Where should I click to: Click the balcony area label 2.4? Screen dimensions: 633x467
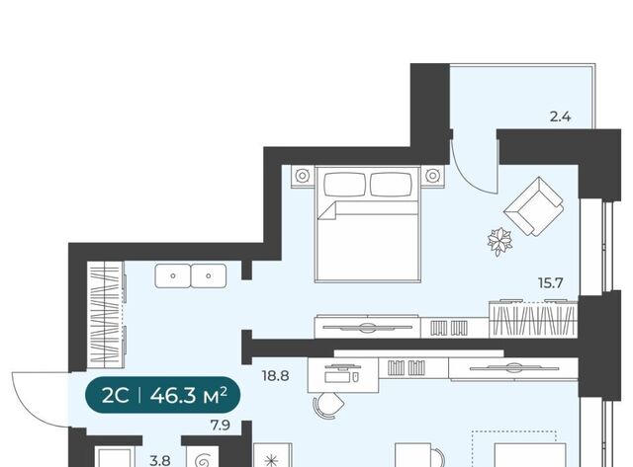tap(560, 117)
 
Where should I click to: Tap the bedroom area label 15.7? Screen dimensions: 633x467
tap(551, 282)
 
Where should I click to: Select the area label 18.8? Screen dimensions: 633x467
tap(275, 376)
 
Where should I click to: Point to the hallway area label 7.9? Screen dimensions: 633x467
tap(221, 426)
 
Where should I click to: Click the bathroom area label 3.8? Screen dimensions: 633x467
tap(160, 460)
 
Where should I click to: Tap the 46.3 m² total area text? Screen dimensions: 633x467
tap(188, 396)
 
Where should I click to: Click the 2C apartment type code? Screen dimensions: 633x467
tap(115, 396)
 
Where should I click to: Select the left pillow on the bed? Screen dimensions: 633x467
tap(345, 185)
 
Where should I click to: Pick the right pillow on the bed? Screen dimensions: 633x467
tap(392, 185)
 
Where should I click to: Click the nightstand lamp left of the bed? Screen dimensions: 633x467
tap(302, 176)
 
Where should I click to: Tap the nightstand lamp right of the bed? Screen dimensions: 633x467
tap(432, 176)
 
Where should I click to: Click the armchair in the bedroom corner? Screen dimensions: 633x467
tap(534, 206)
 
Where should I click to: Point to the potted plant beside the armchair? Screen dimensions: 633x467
tap(499, 241)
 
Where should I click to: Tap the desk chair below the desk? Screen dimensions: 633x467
tap(329, 406)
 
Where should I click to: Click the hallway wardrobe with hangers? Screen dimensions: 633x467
tap(106, 314)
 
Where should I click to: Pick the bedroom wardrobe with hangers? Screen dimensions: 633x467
tap(533, 319)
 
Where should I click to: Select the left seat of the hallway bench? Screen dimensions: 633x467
tap(173, 276)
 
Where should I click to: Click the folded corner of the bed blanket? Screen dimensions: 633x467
tap(327, 210)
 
